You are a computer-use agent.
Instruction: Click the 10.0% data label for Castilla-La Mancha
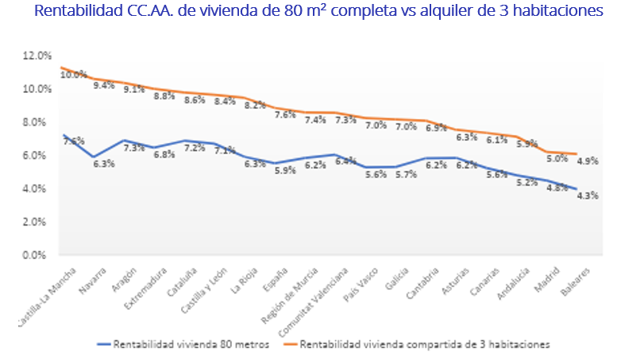(x=74, y=75)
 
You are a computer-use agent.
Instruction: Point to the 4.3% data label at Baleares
(x=587, y=195)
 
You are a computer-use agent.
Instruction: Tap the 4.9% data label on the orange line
(x=587, y=161)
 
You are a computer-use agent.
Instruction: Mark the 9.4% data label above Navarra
(x=104, y=85)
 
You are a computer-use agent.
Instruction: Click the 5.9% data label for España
(x=284, y=169)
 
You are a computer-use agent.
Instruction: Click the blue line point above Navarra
(x=94, y=157)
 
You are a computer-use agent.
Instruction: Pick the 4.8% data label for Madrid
(x=556, y=188)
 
